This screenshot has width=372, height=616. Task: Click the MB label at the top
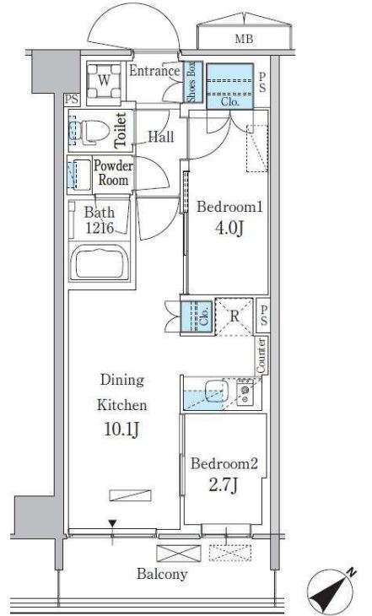tap(244, 39)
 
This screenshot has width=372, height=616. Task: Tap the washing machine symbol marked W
tap(104, 81)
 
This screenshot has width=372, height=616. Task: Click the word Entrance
tap(154, 71)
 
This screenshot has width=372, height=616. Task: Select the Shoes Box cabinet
tap(193, 82)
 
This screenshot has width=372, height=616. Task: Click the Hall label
tap(161, 137)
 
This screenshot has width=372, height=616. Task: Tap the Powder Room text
tap(113, 173)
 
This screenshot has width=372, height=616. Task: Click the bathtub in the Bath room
tap(100, 262)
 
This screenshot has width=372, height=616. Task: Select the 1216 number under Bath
tap(100, 228)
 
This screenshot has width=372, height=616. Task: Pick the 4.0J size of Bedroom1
tap(229, 228)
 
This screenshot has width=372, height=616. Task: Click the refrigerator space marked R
tap(235, 316)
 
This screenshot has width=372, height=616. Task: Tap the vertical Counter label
tap(261, 355)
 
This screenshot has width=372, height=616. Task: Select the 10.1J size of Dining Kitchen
tap(121, 430)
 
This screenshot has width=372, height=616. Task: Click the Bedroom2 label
tap(224, 463)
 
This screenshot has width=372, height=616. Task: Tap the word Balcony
tap(162, 575)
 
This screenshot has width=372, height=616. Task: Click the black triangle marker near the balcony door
tap(113, 523)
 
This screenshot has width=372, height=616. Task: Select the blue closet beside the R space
tap(197, 317)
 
